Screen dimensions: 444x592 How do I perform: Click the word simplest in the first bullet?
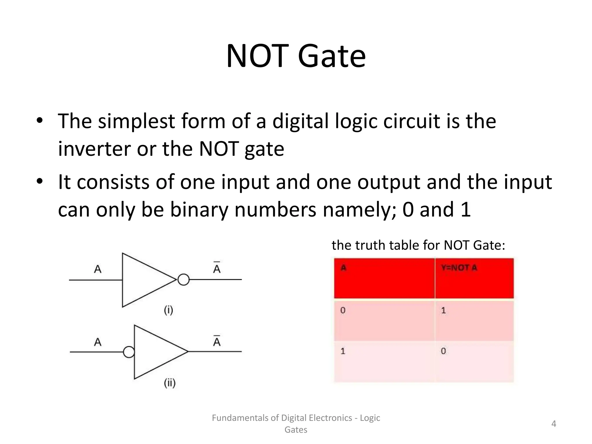point(136,121)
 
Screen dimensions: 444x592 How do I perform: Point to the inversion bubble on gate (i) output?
point(184,280)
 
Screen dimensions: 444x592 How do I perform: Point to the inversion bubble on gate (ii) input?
point(129,352)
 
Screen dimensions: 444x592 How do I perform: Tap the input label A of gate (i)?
point(98,269)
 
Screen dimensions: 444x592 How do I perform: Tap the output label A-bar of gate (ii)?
point(217,341)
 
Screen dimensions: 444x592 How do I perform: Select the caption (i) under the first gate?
point(169,310)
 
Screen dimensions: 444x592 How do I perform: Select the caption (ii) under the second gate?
point(170,383)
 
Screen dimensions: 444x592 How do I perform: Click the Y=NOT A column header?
point(459,268)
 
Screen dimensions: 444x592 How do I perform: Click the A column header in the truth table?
point(343,268)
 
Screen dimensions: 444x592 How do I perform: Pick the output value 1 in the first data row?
point(443,311)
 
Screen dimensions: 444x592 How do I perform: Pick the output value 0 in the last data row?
point(443,351)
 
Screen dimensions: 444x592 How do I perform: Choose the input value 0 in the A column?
point(343,311)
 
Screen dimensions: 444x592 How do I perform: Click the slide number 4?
point(554,424)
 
